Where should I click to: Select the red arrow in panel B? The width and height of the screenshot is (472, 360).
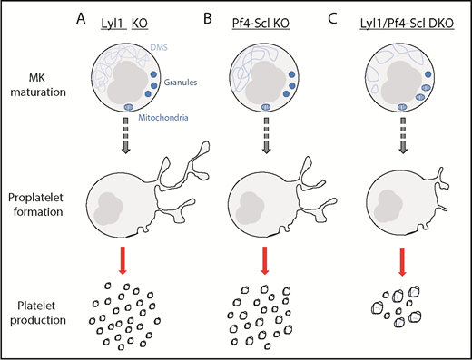coord(264,257)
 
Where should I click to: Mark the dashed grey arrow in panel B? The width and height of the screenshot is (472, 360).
coord(264,145)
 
